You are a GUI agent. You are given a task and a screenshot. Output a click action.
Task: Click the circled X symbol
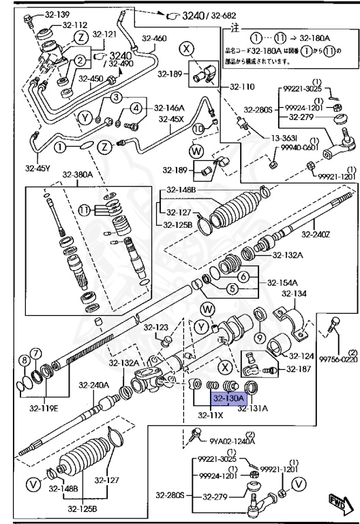pos(186,48)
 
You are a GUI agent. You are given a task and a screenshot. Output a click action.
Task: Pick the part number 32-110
pos(241,87)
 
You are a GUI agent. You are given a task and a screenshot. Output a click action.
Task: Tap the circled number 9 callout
pos(260,338)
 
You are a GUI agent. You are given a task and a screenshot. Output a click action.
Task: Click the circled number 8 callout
pos(24,360)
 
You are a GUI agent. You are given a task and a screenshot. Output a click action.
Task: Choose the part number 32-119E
pos(43,409)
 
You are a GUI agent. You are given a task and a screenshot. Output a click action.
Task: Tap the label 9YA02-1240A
pos(232,441)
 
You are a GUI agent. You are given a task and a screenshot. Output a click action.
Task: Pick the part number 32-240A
pos(93,385)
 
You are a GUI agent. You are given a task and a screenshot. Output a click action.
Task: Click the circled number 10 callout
pos(198,128)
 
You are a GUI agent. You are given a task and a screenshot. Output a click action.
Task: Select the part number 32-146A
pos(168,107)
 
